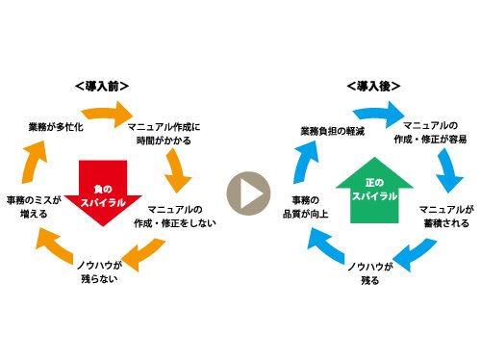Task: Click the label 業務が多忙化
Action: [x=56, y=125]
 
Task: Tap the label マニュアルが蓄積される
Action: [x=443, y=215]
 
